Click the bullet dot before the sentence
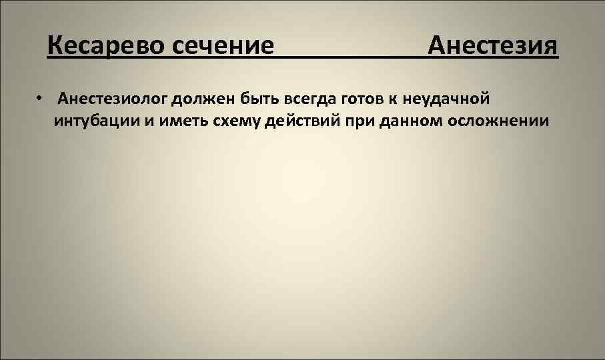tap(41, 99)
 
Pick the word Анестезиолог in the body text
tap(112, 100)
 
